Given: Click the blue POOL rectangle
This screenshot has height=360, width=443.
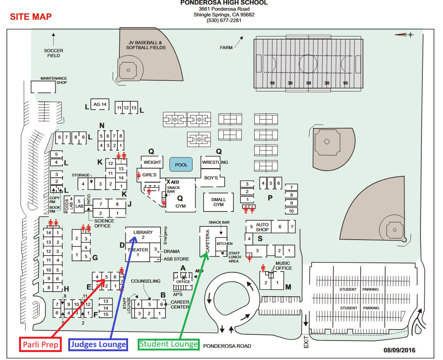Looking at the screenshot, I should click(x=181, y=165).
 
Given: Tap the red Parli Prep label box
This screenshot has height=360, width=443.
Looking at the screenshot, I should click(x=40, y=344).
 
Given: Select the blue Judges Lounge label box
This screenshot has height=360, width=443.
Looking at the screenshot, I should click(x=98, y=344).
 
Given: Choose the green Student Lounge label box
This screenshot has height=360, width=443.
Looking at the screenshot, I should click(x=169, y=344).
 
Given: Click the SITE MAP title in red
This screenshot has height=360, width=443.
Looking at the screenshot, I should click(x=30, y=16).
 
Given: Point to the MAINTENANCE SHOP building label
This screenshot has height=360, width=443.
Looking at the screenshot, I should click(x=54, y=80).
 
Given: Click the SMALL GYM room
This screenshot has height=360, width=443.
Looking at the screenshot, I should click(x=218, y=202).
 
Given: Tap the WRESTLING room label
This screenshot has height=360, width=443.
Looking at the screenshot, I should click(x=215, y=162).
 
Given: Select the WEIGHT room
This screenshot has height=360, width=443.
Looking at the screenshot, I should click(x=152, y=162).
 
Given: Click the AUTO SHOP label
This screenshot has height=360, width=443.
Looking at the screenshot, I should click(x=262, y=227).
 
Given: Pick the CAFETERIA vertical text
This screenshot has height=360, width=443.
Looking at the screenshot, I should click(x=208, y=241).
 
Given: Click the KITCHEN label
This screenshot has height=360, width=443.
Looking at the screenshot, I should click(x=225, y=243).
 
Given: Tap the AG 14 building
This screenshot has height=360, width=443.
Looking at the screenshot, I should click(x=100, y=104).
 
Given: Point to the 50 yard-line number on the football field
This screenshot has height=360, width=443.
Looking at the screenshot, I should click(x=308, y=83).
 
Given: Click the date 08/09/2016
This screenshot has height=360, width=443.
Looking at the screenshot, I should click(x=399, y=350).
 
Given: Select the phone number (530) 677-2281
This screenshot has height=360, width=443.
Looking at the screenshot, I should click(x=224, y=21).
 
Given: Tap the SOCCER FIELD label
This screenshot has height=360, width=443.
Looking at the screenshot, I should click(x=53, y=53).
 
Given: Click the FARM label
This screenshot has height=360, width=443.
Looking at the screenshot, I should click(x=226, y=48).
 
